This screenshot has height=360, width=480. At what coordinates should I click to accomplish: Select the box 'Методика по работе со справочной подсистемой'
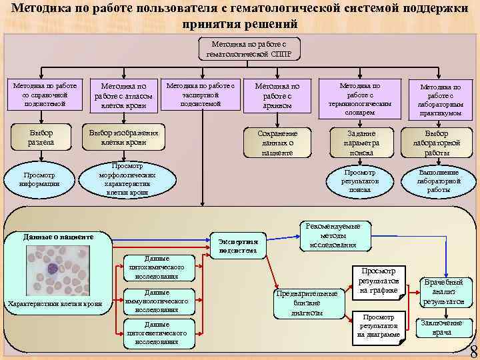coord(45,95)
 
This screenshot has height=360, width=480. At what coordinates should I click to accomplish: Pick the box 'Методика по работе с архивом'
coord(277,95)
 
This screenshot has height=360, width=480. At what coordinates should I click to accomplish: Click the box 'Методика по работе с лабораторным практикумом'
coord(439,100)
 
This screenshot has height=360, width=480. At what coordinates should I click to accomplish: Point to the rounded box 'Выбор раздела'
coord(41,138)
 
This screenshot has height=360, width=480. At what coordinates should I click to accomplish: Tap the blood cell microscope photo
coord(57,270)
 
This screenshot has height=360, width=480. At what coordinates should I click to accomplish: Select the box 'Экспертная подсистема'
coord(238,245)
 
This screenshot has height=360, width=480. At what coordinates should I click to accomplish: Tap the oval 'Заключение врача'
coord(442,327)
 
